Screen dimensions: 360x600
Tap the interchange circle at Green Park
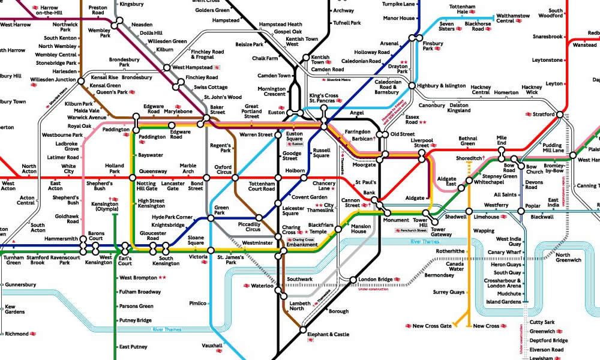211,218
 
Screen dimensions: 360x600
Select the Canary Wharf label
505,252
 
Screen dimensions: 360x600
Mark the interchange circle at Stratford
560,114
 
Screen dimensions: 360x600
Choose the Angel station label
357,113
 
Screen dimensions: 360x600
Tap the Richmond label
16,334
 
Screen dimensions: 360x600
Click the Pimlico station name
199,303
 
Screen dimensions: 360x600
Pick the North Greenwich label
568,258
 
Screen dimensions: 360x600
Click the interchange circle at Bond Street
206,178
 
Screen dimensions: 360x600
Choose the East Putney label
133,347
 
